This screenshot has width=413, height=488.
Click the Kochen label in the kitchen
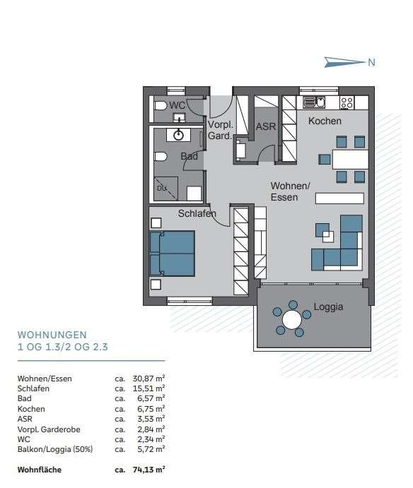pyautogui.click(x=325, y=121)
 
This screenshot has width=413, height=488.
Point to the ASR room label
pyautogui.click(x=265, y=127)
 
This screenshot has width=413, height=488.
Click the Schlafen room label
pyautogui.click(x=197, y=213)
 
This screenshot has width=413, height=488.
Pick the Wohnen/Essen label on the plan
pyautogui.click(x=291, y=191)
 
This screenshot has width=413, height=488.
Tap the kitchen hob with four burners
pyautogui.click(x=347, y=103)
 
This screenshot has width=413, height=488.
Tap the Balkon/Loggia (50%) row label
pyautogui.click(x=55, y=448)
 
